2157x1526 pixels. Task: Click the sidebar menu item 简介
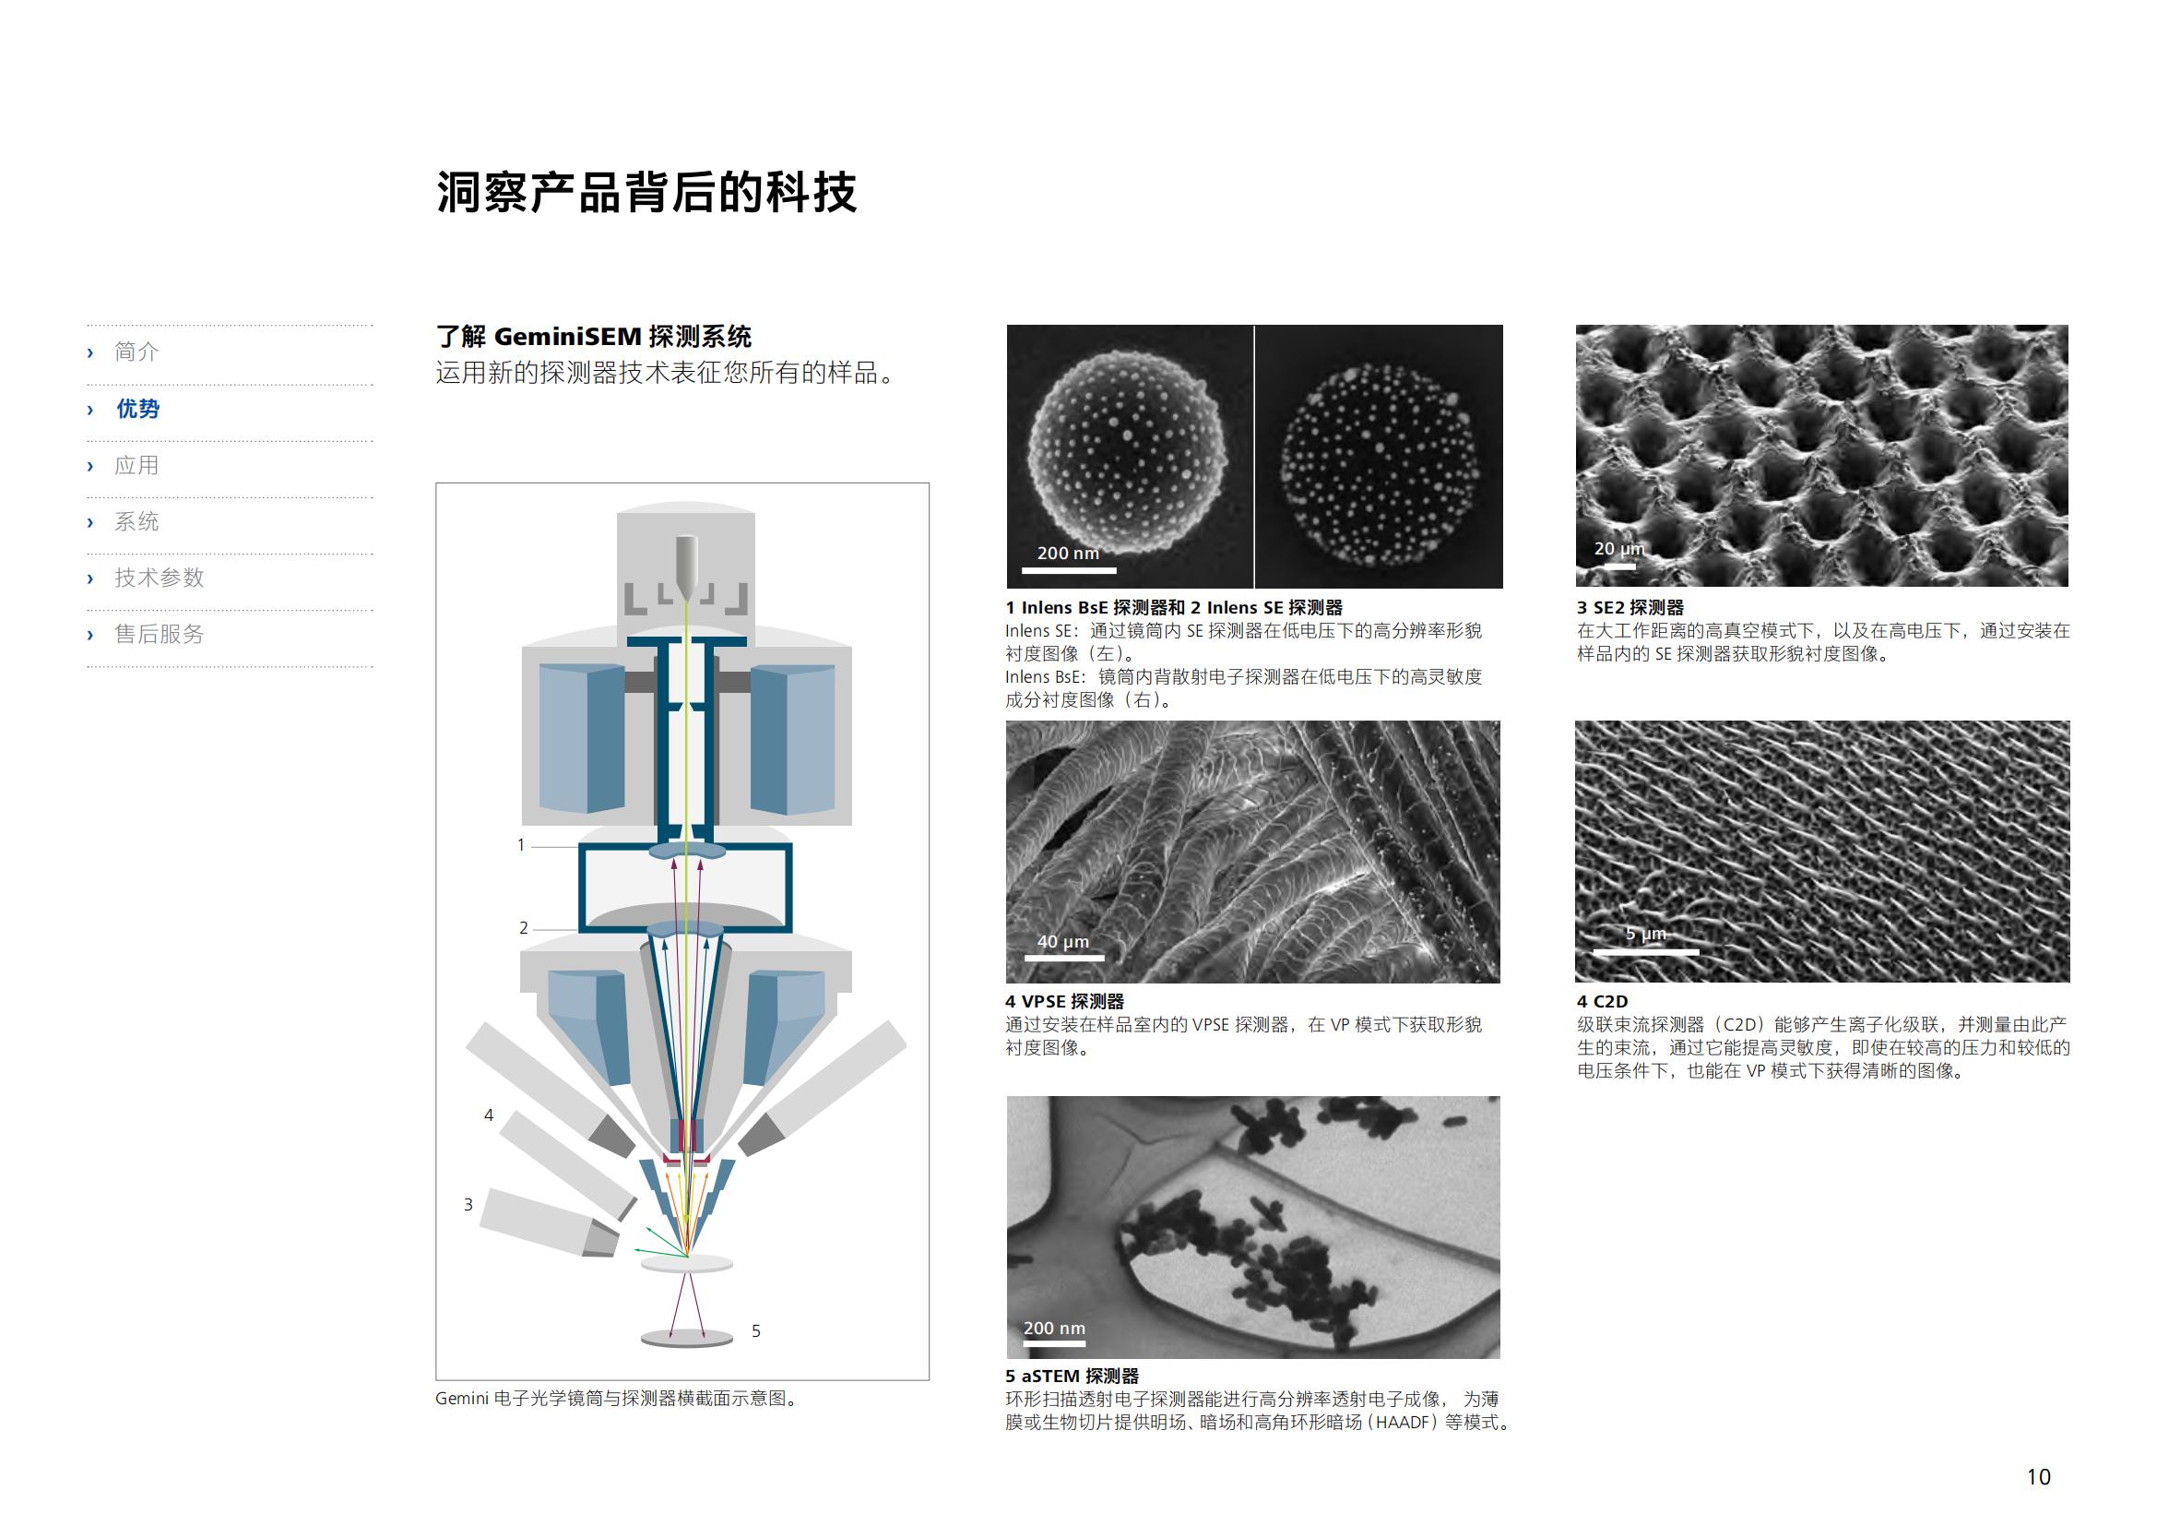(x=136, y=352)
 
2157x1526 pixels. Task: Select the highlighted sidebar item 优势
(x=137, y=409)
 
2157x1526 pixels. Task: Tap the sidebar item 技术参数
(x=159, y=578)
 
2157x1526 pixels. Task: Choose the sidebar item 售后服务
(x=159, y=634)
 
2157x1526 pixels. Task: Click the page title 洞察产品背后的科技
(x=646, y=193)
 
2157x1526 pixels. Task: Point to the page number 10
(x=2038, y=1477)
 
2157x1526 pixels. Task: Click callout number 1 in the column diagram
(x=521, y=846)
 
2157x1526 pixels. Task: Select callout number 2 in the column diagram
(x=523, y=928)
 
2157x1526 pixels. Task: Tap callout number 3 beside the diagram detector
(x=468, y=1205)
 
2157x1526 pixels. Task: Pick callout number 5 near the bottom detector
(x=756, y=1330)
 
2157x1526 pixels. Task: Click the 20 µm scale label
(x=1619, y=549)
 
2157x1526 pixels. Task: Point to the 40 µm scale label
(x=1062, y=942)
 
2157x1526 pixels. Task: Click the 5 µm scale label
(x=1646, y=934)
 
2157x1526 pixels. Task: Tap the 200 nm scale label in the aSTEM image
(x=1054, y=1329)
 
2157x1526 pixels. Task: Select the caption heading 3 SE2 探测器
(x=1630, y=608)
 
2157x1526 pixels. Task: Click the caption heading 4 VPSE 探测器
(x=1064, y=1002)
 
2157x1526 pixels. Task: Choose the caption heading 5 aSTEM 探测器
(x=1072, y=1377)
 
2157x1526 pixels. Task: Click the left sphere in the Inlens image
(x=1127, y=454)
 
